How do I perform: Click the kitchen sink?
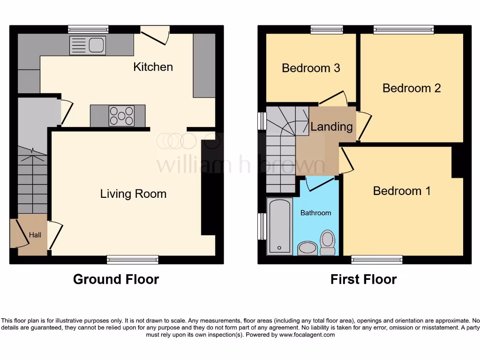[x=87, y=45]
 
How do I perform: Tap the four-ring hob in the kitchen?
[x=121, y=116]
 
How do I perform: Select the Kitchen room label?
[x=153, y=67]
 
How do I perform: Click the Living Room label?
[x=133, y=194]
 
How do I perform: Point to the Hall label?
[x=35, y=234]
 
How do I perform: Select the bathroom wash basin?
[x=307, y=248]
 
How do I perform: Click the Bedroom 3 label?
[x=311, y=68]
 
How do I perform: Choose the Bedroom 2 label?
[x=412, y=88]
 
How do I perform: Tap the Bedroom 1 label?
[x=402, y=191]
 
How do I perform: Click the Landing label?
[x=331, y=127]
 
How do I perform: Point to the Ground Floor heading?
[x=116, y=279]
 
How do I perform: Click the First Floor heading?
[x=363, y=279]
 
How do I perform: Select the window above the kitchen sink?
[x=88, y=29]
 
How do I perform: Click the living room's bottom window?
[x=132, y=259]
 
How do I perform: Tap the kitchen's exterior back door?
[x=156, y=35]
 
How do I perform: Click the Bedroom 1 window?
[x=377, y=259]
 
